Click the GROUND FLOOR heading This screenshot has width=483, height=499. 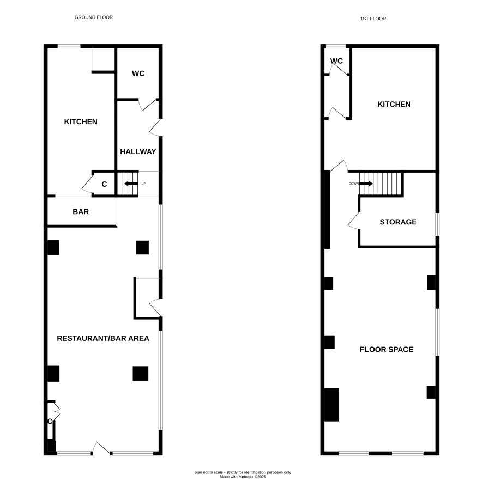tap(94, 17)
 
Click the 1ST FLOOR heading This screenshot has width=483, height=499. tap(373, 19)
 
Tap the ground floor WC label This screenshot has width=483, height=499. tap(138, 74)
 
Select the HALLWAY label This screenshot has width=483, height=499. tap(138, 151)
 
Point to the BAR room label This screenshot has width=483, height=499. tap(81, 211)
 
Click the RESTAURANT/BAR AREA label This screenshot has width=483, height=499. tap(103, 338)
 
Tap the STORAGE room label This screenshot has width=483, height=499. tap(398, 222)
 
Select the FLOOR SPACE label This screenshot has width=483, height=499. tap(387, 349)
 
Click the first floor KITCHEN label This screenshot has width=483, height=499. tap(394, 104)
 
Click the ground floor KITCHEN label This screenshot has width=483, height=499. tap(81, 121)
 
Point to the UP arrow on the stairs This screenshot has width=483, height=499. tap(131, 184)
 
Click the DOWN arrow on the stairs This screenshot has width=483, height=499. tap(366, 184)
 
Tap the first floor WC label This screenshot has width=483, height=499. tap(336, 61)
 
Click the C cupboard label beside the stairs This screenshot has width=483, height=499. tap(104, 184)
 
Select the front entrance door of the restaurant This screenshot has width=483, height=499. tap(101, 448)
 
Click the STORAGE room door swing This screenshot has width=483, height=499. tap(354, 221)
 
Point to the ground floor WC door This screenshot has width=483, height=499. tap(149, 105)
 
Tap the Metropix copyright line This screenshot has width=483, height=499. tap(243, 477)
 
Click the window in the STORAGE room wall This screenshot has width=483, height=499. tap(437, 224)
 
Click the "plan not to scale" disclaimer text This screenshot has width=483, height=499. tap(243, 472)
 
